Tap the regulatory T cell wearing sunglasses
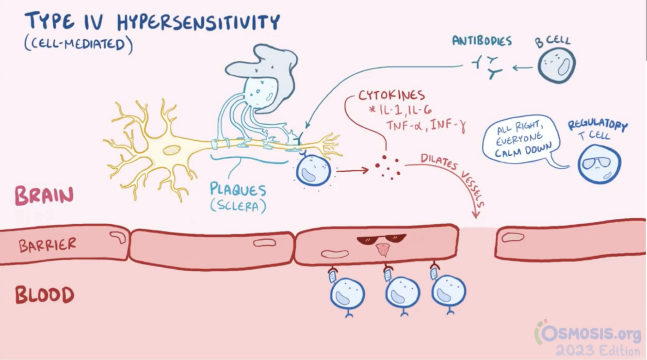click(x=599, y=165)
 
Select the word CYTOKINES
click(x=391, y=95)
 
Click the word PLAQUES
click(x=238, y=189)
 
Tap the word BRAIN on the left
click(x=44, y=196)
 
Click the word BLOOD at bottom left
click(x=45, y=295)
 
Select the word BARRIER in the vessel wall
click(x=48, y=245)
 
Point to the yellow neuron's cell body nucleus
click(x=171, y=150)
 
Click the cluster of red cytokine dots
click(x=388, y=166)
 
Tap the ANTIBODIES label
click(x=482, y=41)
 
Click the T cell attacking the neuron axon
click(x=313, y=170)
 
